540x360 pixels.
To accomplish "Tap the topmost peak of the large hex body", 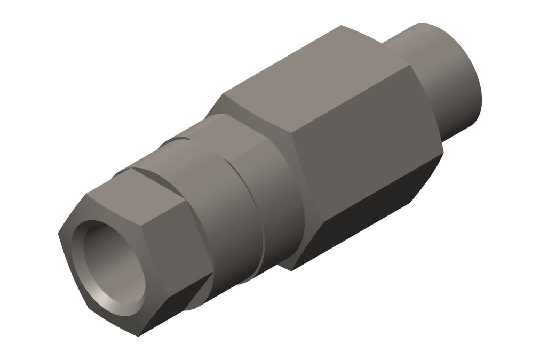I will click(x=342, y=25).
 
